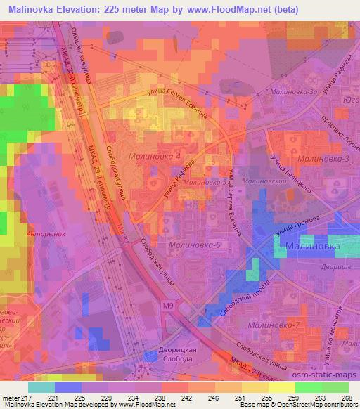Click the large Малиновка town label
(x=313, y=247)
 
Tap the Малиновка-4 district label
(x=155, y=156)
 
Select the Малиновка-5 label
(x=204, y=182)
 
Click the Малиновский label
(x=256, y=181)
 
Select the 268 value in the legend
(x=347, y=397)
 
